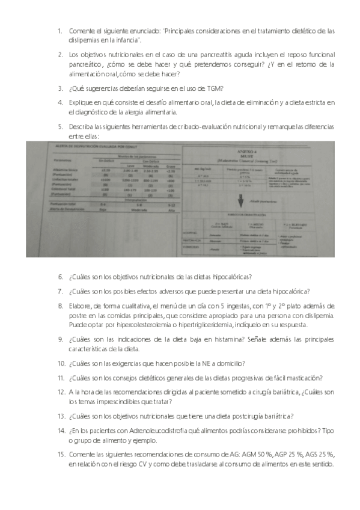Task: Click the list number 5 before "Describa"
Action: pyautogui.click(x=60, y=127)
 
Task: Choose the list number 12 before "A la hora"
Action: pyautogui.click(x=61, y=392)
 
